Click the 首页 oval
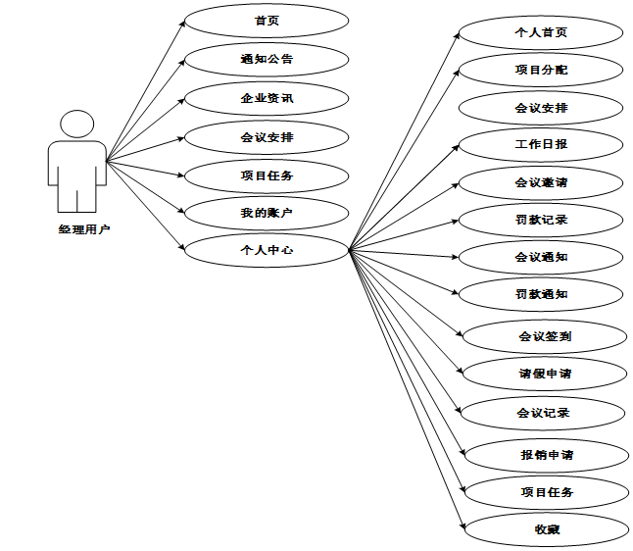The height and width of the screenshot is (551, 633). (x=267, y=21)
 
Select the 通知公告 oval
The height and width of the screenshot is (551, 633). (x=267, y=59)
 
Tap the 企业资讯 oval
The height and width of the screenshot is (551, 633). (x=267, y=98)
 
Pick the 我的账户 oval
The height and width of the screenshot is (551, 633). (x=267, y=213)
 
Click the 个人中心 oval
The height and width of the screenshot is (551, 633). (x=267, y=250)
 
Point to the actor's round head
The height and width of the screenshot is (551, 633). (x=77, y=126)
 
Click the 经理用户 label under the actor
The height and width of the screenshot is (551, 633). (x=83, y=229)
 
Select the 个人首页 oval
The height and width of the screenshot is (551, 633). (x=541, y=32)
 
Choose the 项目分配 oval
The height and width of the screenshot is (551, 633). (x=541, y=70)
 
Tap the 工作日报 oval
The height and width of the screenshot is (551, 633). (x=541, y=144)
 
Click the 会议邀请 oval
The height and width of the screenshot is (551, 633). (x=541, y=181)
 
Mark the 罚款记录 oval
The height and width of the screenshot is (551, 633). (x=541, y=219)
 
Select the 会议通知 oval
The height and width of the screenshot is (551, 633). (x=541, y=257)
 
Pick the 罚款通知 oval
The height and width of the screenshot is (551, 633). (x=541, y=293)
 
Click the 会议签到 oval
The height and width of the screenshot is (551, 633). (x=545, y=336)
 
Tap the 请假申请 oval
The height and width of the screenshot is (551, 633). (x=545, y=374)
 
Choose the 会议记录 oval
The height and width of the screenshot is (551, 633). (x=543, y=413)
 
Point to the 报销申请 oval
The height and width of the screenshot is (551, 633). (x=547, y=455)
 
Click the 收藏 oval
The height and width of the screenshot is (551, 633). (x=547, y=530)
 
